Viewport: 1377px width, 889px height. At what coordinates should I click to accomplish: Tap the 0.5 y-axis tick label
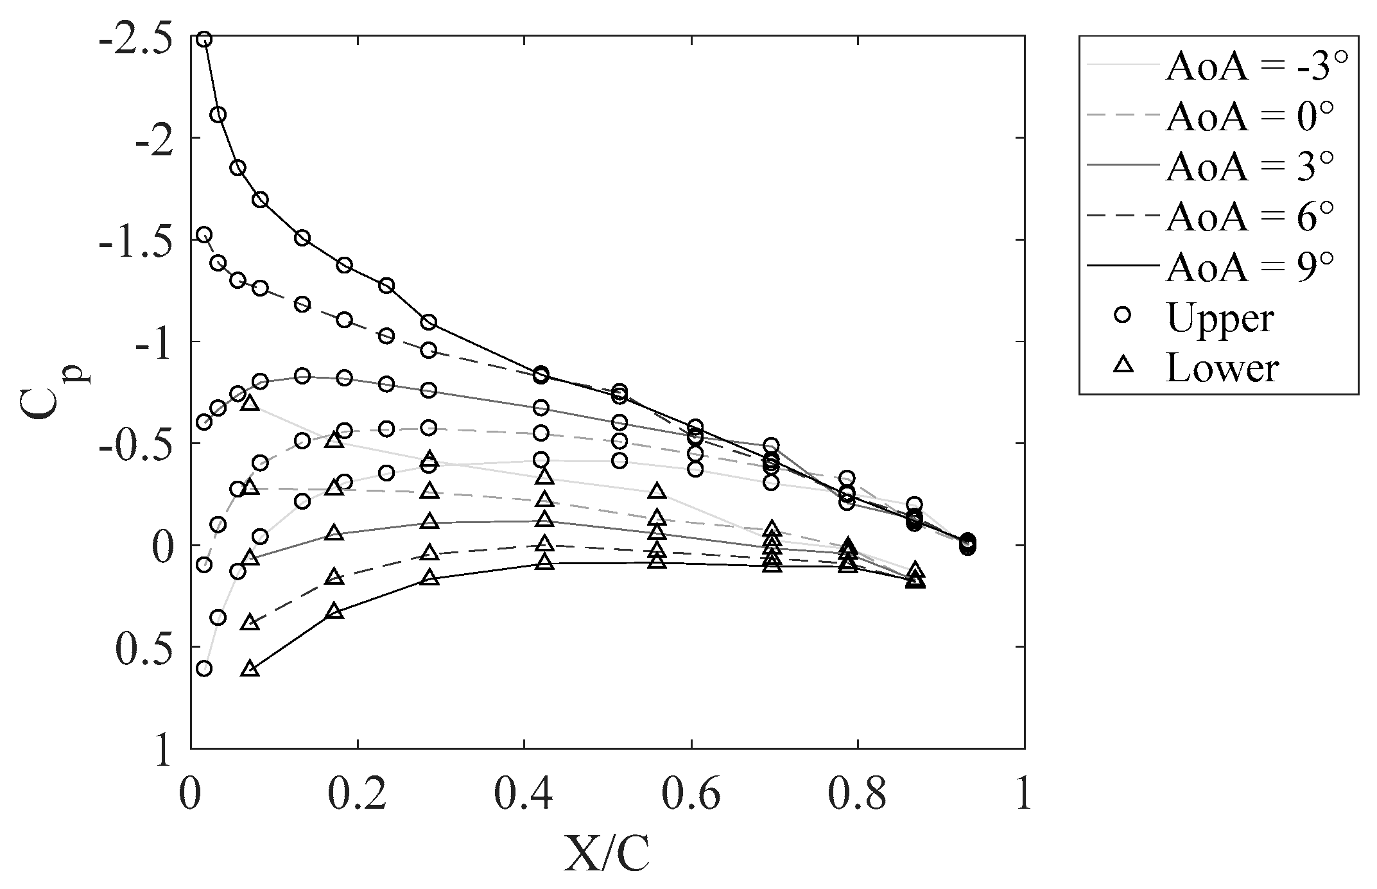coord(145,648)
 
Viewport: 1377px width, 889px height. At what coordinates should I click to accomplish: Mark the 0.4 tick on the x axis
coord(524,795)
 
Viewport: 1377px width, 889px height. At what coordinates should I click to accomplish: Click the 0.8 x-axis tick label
coord(858,795)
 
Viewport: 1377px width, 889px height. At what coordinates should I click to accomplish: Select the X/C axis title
coord(607,852)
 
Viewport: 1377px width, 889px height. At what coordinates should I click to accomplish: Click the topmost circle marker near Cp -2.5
coord(204,39)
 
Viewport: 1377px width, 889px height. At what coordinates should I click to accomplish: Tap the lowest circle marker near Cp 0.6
coord(204,669)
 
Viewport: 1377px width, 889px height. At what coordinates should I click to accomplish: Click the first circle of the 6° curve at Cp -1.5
coord(204,234)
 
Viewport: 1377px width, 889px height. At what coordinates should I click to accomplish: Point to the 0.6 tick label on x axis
coord(691,795)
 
